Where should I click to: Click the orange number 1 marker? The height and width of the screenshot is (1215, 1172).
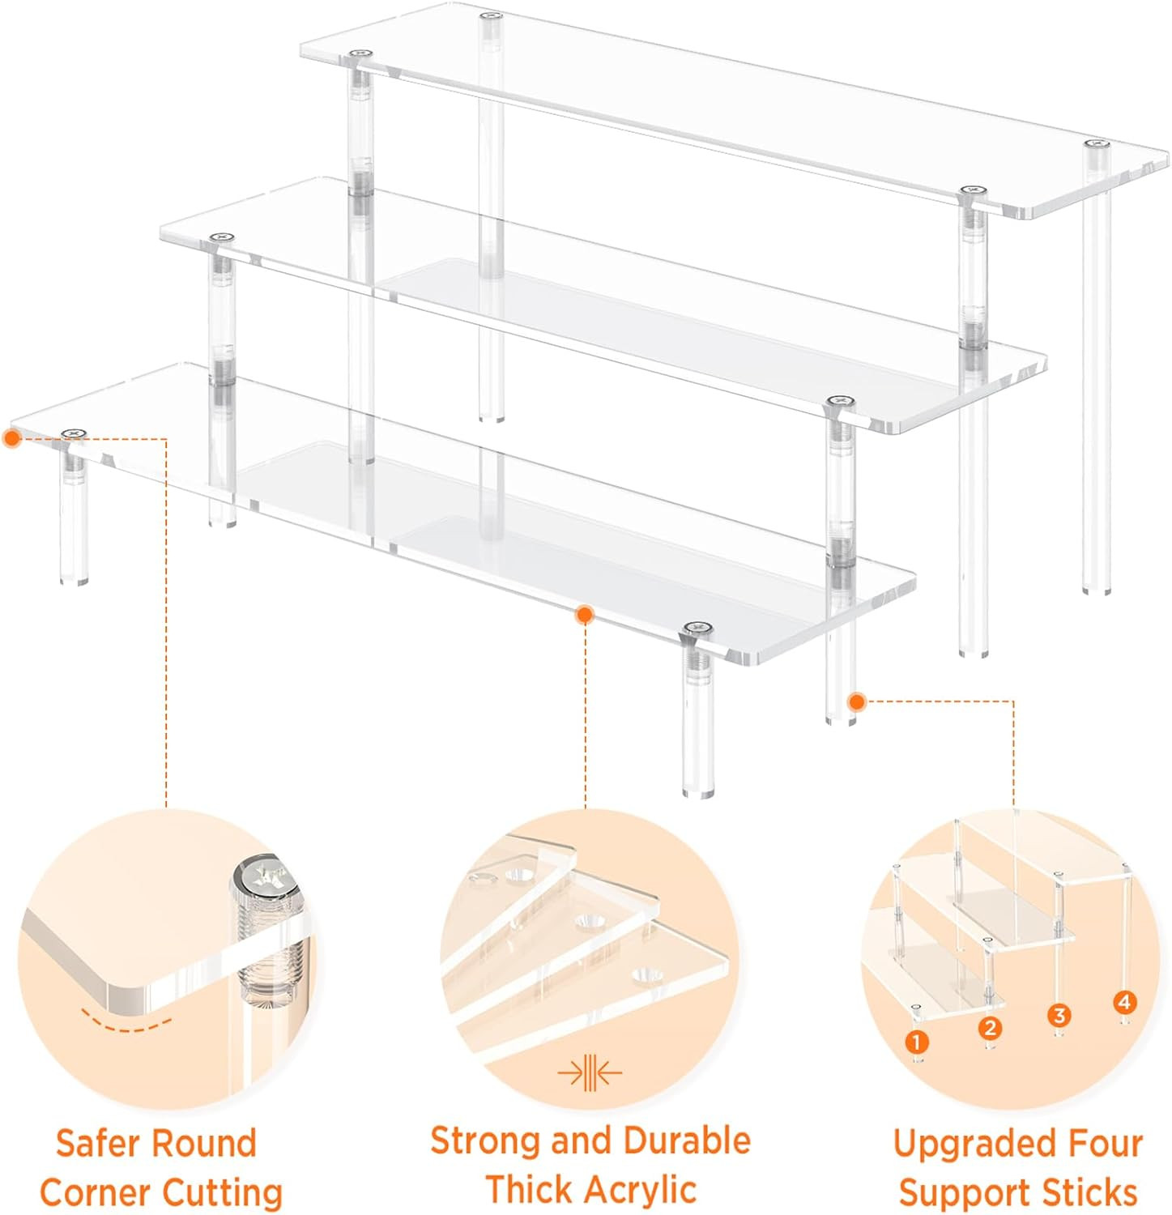[x=916, y=1042]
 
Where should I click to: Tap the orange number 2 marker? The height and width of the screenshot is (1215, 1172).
[x=990, y=1028]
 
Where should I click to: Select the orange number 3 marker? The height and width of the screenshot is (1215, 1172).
[x=1059, y=1015]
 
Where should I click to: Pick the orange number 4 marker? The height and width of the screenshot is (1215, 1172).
[x=1123, y=1002]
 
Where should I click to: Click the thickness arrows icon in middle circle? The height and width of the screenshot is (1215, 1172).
[x=590, y=1074]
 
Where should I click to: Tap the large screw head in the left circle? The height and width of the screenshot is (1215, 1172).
[x=264, y=878]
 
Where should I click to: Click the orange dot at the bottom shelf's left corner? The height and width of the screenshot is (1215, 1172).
[x=11, y=438]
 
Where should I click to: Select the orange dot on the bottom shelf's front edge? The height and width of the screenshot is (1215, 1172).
[x=584, y=615]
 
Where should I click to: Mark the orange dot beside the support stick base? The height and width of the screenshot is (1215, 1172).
[x=856, y=701]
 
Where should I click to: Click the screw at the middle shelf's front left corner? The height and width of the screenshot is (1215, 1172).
[x=221, y=237]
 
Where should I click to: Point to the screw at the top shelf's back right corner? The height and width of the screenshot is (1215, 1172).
[x=1096, y=143]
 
